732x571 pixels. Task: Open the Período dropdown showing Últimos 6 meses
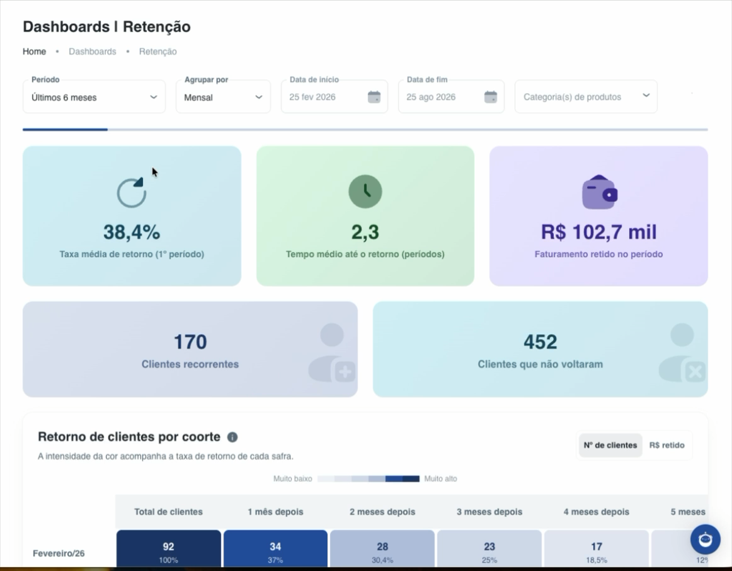point(94,96)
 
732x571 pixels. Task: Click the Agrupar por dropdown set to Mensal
point(223,96)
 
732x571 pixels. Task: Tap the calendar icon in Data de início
point(374,97)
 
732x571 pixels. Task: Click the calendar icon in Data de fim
point(491,97)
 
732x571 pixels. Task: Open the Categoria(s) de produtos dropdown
point(586,96)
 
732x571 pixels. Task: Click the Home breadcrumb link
point(35,51)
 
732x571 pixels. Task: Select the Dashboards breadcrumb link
point(93,51)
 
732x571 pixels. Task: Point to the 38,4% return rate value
point(132,232)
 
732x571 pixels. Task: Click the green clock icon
point(365,192)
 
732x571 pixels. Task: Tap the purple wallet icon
point(600,192)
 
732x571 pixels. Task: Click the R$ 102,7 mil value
point(598,232)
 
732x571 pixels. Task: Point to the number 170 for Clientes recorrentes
point(190,342)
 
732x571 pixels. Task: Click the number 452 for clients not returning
point(540,342)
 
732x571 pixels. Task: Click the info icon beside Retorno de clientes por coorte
point(232,437)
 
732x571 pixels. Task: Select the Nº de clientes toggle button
point(610,445)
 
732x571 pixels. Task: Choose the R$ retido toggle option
point(666,445)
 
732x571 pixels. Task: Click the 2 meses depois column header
point(382,512)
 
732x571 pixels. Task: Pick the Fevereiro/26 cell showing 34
point(275,548)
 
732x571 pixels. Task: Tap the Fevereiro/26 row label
point(59,553)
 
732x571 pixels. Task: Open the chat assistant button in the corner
point(706,539)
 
